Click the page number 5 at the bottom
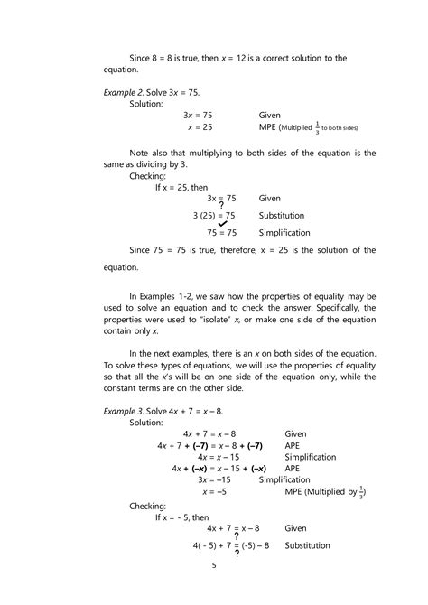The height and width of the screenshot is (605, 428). tap(214, 566)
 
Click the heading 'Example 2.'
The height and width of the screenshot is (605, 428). tap(127, 93)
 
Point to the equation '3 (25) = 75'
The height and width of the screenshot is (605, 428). tap(214, 216)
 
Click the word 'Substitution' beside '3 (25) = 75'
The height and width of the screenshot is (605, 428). tap(282, 216)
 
